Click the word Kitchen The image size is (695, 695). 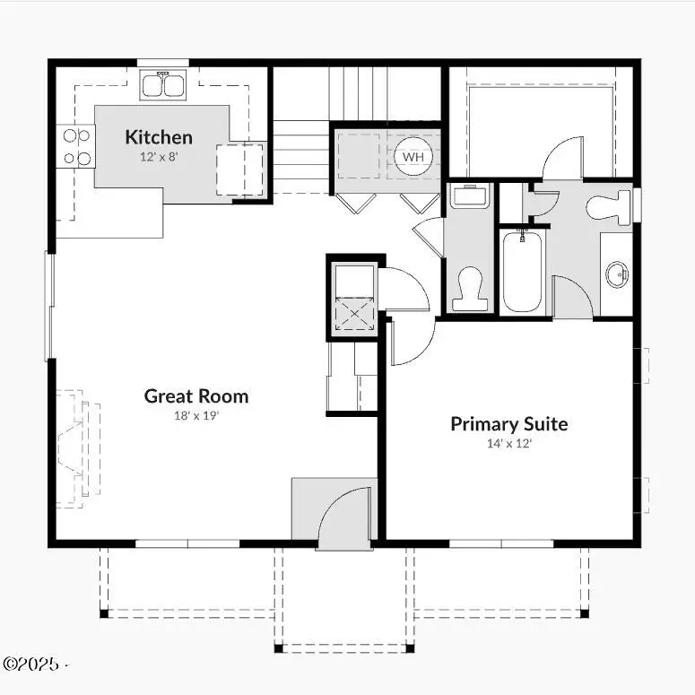[x=158, y=137]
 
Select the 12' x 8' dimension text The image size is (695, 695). [x=158, y=156]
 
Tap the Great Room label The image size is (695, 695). [x=196, y=395]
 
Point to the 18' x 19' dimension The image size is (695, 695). [x=196, y=415]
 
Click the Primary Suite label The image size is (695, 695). [x=508, y=424]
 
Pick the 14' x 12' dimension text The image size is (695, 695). [x=508, y=443]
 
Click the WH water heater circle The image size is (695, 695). [x=413, y=157]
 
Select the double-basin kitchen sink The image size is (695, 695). [x=162, y=85]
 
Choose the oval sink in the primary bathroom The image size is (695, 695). [x=618, y=274]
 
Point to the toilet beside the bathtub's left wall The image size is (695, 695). [x=469, y=290]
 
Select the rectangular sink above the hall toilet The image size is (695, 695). [x=468, y=195]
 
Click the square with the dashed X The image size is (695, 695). [x=354, y=315]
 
